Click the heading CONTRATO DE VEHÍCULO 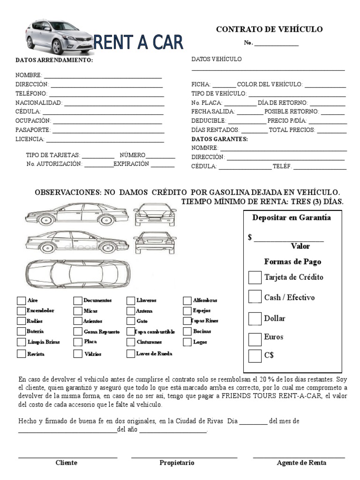click(269, 30)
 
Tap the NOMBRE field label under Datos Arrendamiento click(29, 75)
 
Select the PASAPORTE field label click(33, 130)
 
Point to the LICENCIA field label click(30, 139)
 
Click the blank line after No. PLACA click(240, 103)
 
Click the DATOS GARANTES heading click(219, 139)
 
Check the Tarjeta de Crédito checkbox click(255, 277)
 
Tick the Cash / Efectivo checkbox click(255, 297)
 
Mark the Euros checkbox click(255, 338)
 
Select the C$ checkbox click(255, 356)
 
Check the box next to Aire click(21, 300)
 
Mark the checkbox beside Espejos click(187, 311)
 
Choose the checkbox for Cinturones click(130, 342)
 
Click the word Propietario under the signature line click(177, 463)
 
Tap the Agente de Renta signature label click(301, 463)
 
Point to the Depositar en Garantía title click(292, 217)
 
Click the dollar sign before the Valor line click(250, 237)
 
